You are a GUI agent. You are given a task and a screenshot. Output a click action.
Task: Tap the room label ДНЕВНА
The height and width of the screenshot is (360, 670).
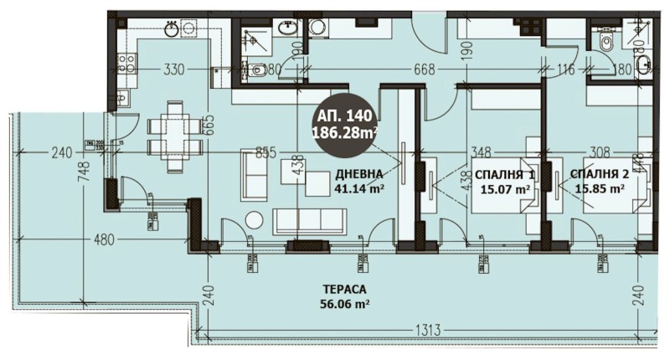(x=359, y=173)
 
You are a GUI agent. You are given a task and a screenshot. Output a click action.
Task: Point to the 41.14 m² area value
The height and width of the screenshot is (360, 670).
(x=359, y=188)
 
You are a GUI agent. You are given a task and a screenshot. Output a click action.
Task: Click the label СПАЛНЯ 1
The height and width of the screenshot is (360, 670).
(x=504, y=174)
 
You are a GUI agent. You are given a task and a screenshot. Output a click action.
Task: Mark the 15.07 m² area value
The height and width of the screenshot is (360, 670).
(x=504, y=189)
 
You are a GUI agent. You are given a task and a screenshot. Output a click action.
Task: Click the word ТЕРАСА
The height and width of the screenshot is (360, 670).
(x=343, y=291)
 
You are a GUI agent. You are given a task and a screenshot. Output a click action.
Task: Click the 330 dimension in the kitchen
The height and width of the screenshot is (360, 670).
(x=173, y=70)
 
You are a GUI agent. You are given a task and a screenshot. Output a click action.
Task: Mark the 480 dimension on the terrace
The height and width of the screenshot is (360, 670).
(x=103, y=239)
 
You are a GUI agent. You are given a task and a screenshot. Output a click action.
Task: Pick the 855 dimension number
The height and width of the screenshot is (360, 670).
(x=265, y=152)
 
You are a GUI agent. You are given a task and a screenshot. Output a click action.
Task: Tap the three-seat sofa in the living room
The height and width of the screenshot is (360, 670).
(x=309, y=221)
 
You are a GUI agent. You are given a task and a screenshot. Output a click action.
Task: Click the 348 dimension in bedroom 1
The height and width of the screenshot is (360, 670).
(x=480, y=152)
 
